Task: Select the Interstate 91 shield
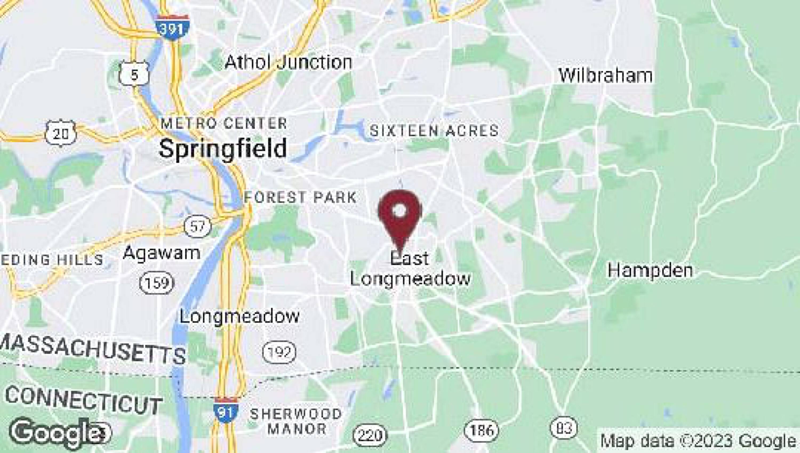pyautogui.click(x=226, y=410)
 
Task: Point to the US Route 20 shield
pyautogui.click(x=60, y=133)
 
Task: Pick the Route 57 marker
pyautogui.click(x=197, y=226)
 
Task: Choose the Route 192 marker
pyautogui.click(x=279, y=352)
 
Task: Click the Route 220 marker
pyautogui.click(x=370, y=434)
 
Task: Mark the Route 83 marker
pyautogui.click(x=564, y=427)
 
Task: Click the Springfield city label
pyautogui.click(x=223, y=148)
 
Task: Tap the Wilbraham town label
pyautogui.click(x=605, y=76)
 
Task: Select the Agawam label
pyautogui.click(x=162, y=253)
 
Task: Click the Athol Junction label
pyautogui.click(x=288, y=62)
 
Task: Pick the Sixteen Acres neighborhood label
pyautogui.click(x=434, y=131)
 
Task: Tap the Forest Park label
pyautogui.click(x=300, y=197)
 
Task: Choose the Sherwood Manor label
pyautogui.click(x=296, y=421)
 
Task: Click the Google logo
pyautogui.click(x=59, y=432)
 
